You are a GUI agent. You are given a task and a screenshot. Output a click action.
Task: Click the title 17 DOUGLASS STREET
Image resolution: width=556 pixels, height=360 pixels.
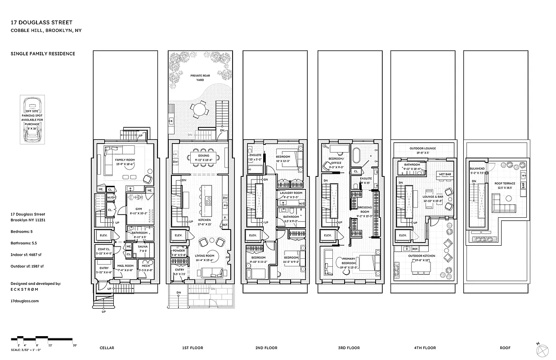point(41,22)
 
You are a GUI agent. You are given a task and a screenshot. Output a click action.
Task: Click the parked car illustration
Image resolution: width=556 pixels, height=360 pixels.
point(32,120)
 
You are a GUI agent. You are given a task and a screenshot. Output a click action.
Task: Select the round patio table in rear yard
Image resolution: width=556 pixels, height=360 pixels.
point(198,108)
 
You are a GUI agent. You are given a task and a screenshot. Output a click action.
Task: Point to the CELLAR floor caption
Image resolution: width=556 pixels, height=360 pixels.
point(107,348)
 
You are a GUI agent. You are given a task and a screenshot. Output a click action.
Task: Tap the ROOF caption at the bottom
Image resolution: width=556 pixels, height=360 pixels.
point(505,348)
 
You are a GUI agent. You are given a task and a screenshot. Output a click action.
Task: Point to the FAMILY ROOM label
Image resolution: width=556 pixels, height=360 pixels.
point(124,160)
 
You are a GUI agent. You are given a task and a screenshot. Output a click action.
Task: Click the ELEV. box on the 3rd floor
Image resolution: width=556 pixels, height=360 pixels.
point(327,235)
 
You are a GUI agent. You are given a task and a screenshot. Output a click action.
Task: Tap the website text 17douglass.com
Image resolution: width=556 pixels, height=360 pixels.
point(24,301)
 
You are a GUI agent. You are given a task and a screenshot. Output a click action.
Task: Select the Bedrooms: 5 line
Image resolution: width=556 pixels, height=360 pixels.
point(22,231)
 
